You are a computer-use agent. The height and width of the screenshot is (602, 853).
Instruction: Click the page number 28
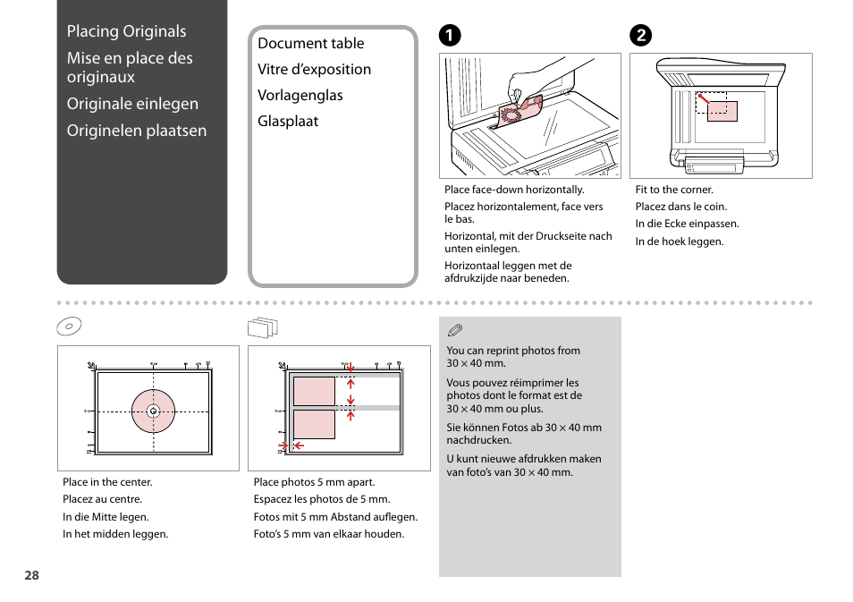pyautogui.click(x=31, y=576)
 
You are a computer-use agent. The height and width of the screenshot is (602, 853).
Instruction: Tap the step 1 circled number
pyautogui.click(x=450, y=36)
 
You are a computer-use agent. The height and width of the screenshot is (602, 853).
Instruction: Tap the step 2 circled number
pyautogui.click(x=640, y=36)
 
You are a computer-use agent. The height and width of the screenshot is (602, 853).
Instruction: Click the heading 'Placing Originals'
pyautogui.click(x=126, y=31)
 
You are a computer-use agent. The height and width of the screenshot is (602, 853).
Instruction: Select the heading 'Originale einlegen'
pyautogui.click(x=132, y=104)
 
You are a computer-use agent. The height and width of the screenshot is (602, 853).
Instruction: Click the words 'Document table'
pyautogui.click(x=310, y=43)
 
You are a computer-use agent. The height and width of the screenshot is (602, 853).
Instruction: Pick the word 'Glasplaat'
pyautogui.click(x=288, y=121)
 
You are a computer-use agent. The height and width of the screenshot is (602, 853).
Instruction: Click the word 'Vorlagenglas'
pyautogui.click(x=300, y=95)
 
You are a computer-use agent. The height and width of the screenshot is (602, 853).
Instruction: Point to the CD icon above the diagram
pyautogui.click(x=70, y=327)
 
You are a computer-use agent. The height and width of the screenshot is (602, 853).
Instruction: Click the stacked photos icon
pyautogui.click(x=262, y=328)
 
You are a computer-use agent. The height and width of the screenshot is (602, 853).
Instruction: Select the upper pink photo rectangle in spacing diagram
pyautogui.click(x=313, y=391)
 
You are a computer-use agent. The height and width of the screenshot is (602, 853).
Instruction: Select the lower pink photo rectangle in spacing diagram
pyautogui.click(x=313, y=424)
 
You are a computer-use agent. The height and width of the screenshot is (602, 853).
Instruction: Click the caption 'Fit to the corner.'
pyautogui.click(x=674, y=190)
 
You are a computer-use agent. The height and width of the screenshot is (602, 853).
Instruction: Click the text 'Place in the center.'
pyautogui.click(x=107, y=482)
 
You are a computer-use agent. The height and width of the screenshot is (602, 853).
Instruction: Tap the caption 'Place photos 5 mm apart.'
pyautogui.click(x=314, y=482)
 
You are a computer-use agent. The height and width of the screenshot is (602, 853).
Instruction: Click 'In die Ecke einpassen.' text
pyautogui.click(x=687, y=225)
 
